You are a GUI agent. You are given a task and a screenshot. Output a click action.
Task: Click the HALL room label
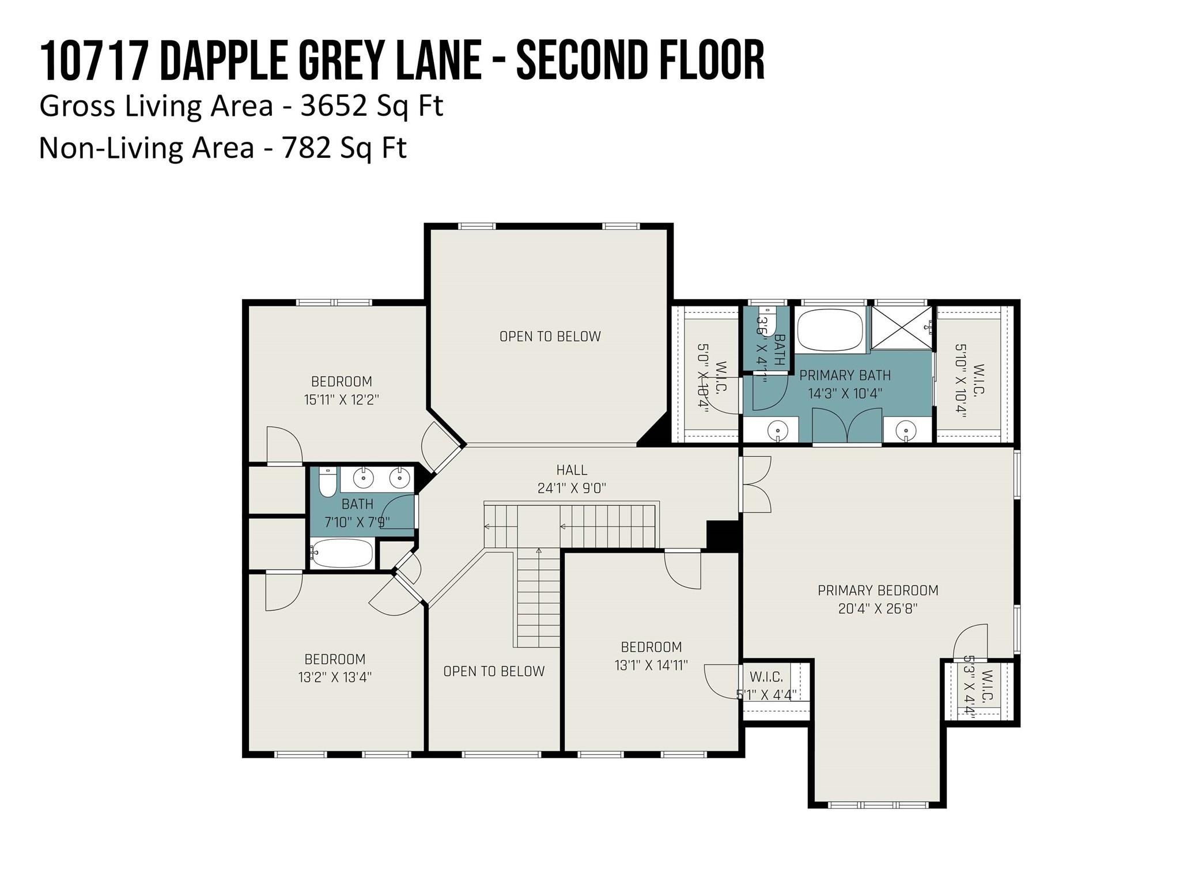(572, 470)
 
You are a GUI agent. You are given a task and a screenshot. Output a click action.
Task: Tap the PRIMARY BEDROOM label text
(878, 590)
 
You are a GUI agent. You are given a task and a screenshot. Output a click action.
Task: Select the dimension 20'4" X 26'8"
(878, 608)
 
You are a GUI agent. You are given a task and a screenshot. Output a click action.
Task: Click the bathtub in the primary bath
(830, 330)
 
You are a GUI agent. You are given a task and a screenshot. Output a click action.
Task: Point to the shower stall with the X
(901, 328)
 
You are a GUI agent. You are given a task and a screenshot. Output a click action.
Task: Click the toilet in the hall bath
(327, 483)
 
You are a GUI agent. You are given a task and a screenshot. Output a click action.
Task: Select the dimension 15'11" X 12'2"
(341, 399)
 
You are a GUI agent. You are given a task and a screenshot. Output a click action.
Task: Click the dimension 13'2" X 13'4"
(335, 677)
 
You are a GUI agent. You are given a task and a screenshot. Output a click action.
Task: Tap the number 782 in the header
(306, 147)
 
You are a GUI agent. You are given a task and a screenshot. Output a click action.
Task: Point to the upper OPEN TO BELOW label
(550, 336)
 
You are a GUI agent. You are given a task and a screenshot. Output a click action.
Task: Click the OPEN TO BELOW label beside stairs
(494, 671)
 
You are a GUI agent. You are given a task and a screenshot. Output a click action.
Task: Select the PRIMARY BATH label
(845, 376)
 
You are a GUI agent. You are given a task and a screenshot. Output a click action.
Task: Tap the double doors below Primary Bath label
(847, 426)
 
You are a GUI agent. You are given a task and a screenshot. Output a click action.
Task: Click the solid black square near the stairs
(723, 535)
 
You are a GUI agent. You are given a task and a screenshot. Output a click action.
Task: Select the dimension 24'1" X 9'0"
(572, 489)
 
